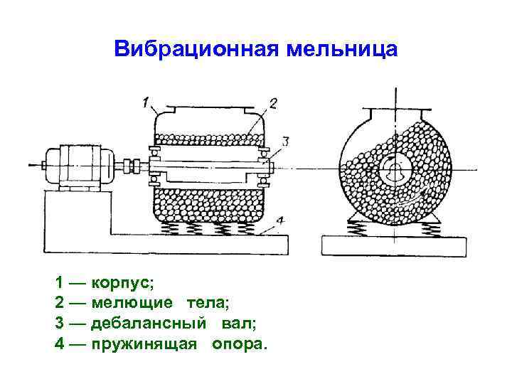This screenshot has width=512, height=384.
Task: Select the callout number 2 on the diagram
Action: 273,104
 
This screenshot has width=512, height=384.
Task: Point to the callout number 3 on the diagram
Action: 284,142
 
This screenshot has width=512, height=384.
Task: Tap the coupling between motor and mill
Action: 129,167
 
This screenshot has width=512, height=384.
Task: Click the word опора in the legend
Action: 239,344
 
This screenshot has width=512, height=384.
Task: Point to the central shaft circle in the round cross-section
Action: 395,171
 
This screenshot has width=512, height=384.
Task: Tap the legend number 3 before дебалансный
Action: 60,324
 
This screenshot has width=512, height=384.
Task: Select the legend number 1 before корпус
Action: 60,282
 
